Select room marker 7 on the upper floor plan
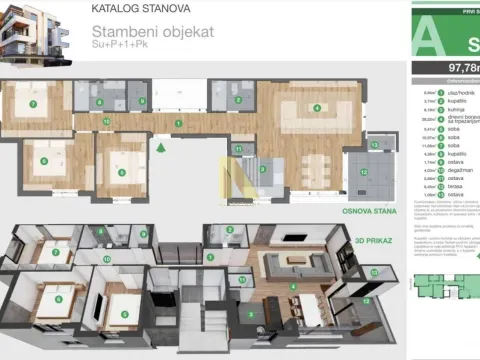33,103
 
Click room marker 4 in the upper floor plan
317,108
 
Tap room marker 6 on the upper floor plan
43,160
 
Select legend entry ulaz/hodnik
443,92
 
